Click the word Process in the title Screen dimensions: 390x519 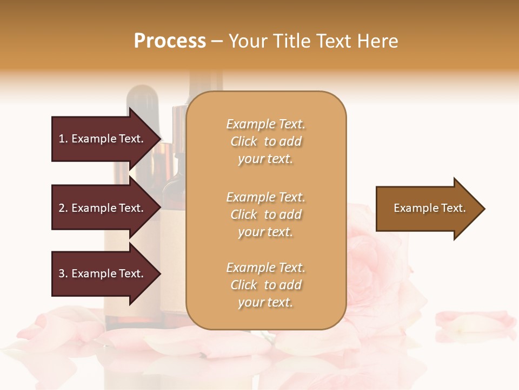[170, 41]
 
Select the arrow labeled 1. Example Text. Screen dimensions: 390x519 [101, 139]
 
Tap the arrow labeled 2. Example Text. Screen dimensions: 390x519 [101, 208]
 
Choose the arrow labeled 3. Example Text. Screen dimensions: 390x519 [101, 274]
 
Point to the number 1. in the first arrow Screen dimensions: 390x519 [63, 139]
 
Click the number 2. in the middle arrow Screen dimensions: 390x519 [63, 208]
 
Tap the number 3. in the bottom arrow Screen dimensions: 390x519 [63, 274]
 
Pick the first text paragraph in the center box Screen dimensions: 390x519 [265, 141]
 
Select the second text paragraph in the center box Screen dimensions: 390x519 [265, 214]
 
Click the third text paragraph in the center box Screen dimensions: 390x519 [265, 285]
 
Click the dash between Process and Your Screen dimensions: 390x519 [217, 41]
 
